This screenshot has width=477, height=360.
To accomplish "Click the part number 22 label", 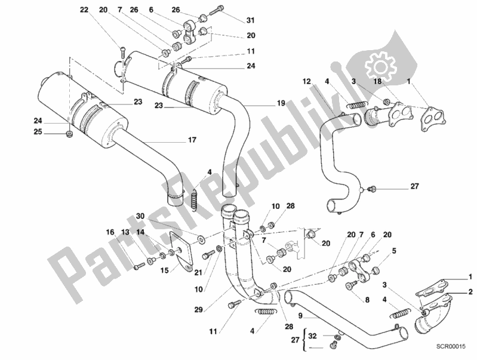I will point(84,10).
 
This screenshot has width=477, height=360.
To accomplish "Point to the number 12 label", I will point(306,81).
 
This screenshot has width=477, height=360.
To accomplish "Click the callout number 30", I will point(140,216).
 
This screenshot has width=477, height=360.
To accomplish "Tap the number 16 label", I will point(110,232).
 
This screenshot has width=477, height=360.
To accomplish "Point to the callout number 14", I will point(140,232).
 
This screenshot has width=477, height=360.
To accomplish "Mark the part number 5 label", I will point(395,260).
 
